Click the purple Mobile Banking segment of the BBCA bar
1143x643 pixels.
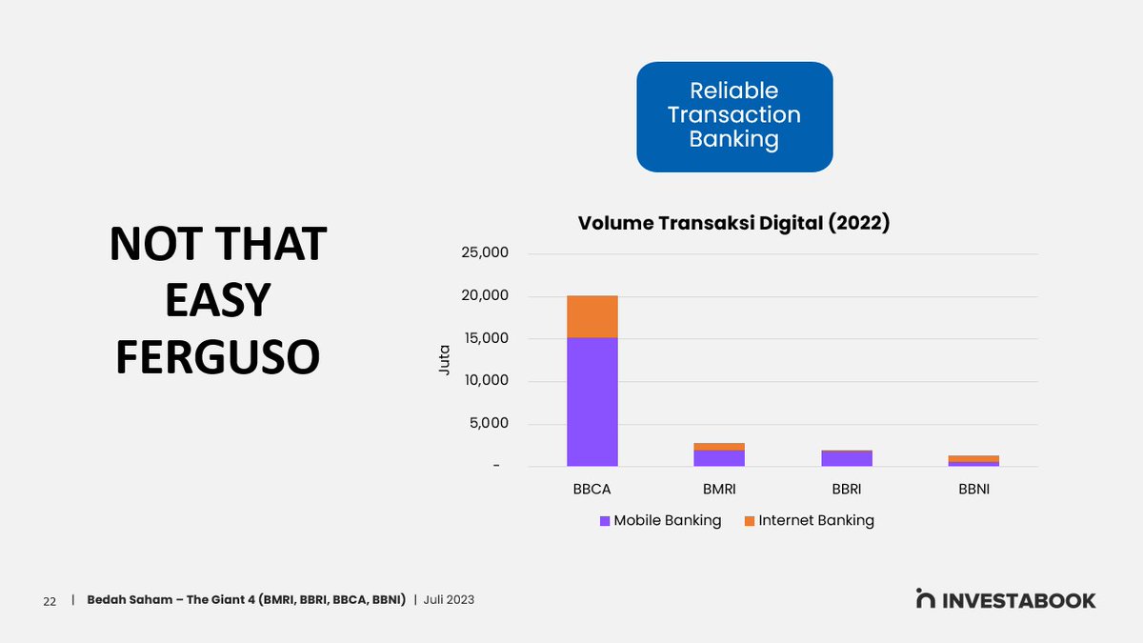click(x=592, y=402)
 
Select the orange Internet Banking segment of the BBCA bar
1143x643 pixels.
click(x=592, y=316)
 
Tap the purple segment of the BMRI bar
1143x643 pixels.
click(x=719, y=458)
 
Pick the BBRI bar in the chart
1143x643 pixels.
click(x=847, y=458)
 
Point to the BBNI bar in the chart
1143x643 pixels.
click(x=973, y=461)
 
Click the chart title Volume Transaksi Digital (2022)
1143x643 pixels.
click(x=734, y=224)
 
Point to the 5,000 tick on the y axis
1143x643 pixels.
click(x=488, y=423)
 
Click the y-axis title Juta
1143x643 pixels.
click(x=444, y=359)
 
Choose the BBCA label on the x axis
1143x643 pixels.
click(x=592, y=490)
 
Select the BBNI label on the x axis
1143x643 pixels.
click(x=973, y=490)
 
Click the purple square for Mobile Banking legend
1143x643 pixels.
click(x=604, y=521)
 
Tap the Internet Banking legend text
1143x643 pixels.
click(x=816, y=521)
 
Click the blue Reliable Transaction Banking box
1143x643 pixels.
click(x=734, y=116)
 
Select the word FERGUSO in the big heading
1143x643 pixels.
click(x=217, y=355)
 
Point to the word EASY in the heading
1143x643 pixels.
click(x=217, y=300)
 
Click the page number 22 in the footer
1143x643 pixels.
click(x=49, y=601)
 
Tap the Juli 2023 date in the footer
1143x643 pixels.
click(x=450, y=600)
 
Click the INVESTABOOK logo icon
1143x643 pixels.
click(x=925, y=599)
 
